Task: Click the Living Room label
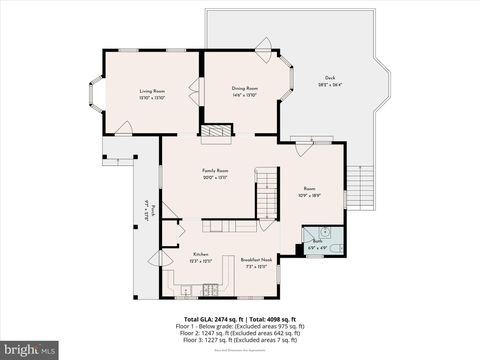pos(152,90)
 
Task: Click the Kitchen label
pos(200,254)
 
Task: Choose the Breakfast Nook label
pos(255,260)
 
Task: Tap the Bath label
pos(317,242)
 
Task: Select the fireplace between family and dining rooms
pos(213,130)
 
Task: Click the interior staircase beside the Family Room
pos(265,193)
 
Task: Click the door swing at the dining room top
pos(264,43)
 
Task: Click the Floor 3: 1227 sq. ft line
pos(238,339)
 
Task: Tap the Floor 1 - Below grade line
pos(238,325)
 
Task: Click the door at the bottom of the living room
pos(125,128)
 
